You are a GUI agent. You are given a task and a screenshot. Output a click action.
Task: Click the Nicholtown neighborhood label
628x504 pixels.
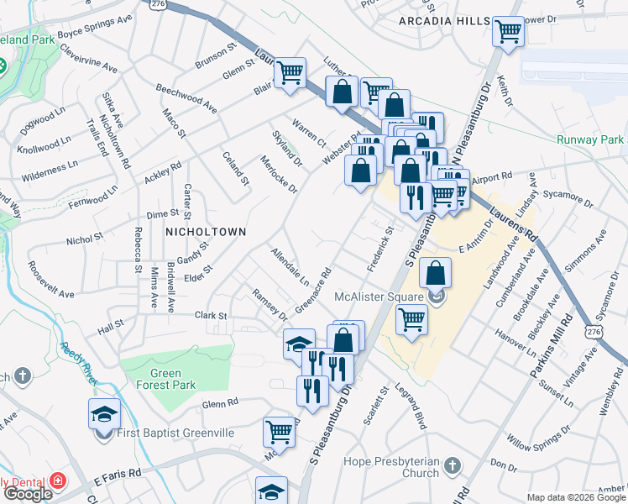pos(206,231)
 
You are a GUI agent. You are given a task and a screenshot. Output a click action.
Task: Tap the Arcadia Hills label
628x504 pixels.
pos(443,20)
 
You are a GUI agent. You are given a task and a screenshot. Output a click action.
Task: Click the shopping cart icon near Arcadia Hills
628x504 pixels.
pos(508,32)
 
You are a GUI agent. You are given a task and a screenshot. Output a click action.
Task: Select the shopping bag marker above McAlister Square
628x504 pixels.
pos(436,273)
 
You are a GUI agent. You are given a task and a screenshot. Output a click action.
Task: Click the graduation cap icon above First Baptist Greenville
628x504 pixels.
pos(104,413)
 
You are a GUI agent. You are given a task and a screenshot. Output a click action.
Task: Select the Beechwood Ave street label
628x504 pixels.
pos(186,98)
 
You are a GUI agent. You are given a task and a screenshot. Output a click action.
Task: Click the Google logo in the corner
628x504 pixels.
pos(28,494)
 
